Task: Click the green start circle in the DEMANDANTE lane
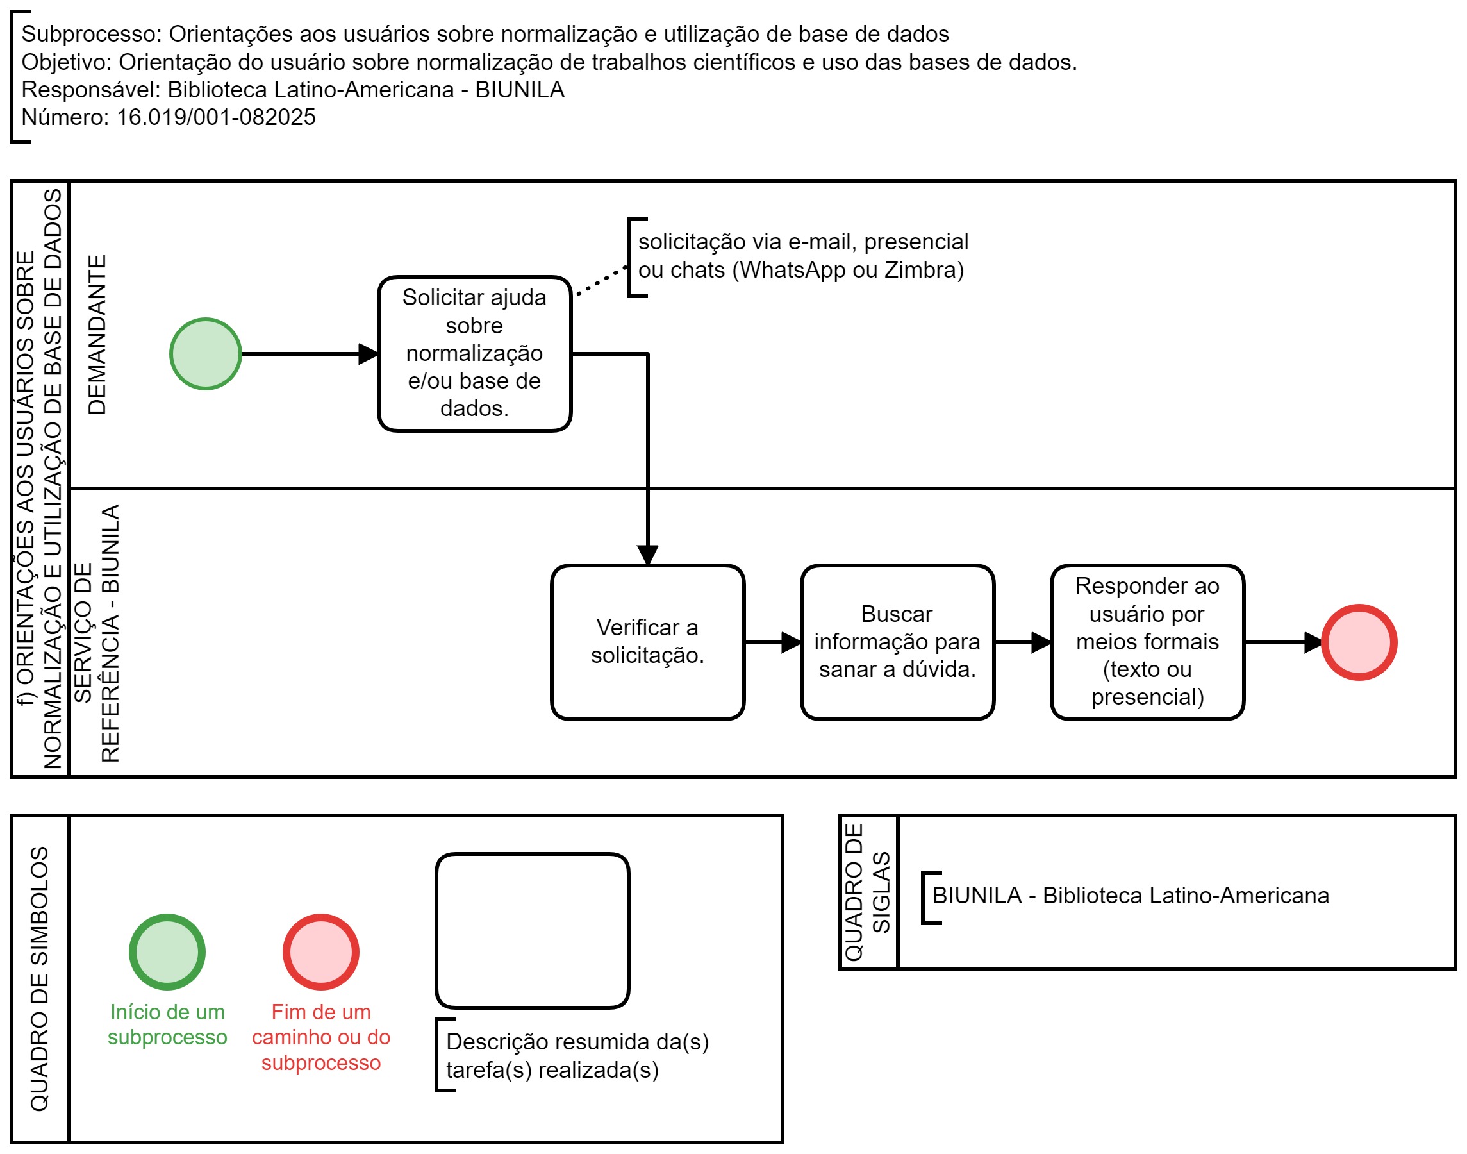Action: point(205,353)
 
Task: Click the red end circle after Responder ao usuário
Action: point(1358,642)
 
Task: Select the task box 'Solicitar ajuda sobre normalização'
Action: point(474,353)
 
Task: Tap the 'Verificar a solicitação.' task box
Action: point(647,642)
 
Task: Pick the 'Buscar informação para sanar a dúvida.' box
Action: point(897,642)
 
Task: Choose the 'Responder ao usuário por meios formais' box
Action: point(1147,642)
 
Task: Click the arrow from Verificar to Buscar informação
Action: point(773,642)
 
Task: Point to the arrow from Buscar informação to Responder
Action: point(1023,642)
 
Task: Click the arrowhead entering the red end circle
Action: point(1313,642)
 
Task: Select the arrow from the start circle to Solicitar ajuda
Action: point(310,353)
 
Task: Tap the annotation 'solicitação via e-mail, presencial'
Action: point(802,241)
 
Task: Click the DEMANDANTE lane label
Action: point(97,334)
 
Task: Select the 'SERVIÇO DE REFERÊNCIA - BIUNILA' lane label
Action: point(96,633)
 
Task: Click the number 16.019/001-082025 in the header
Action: point(216,117)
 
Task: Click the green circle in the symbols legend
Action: point(167,951)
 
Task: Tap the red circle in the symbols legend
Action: point(321,951)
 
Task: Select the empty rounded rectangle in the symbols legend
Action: point(532,854)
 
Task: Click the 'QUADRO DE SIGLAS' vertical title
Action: point(868,892)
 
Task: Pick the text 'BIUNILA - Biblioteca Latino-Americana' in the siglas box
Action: point(1131,895)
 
